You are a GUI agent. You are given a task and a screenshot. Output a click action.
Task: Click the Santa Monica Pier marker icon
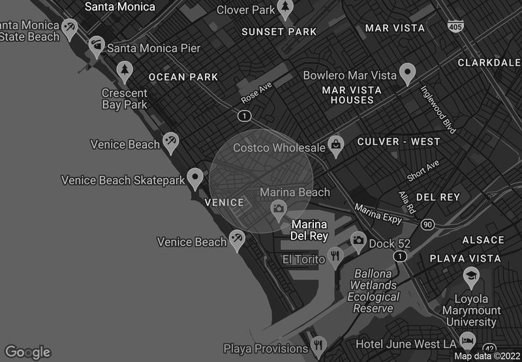pyautogui.click(x=97, y=47)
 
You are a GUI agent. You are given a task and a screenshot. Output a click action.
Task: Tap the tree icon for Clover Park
pyautogui.click(x=285, y=8)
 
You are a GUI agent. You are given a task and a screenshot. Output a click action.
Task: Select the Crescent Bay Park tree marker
pyautogui.click(x=124, y=70)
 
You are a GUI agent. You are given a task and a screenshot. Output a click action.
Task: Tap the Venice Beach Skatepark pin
pyautogui.click(x=195, y=177)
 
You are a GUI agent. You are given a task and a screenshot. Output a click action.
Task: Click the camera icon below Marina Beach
pyautogui.click(x=279, y=209)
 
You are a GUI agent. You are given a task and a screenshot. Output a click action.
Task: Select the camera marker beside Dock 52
pyautogui.click(x=358, y=241)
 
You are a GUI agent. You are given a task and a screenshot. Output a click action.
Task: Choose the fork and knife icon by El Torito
pyautogui.click(x=335, y=256)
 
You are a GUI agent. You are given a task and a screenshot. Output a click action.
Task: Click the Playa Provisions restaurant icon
pyautogui.click(x=318, y=344)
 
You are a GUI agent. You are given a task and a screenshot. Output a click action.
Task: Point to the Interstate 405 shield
pyautogui.click(x=455, y=25)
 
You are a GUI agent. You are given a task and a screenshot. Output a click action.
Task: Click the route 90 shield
pyautogui.click(x=427, y=224)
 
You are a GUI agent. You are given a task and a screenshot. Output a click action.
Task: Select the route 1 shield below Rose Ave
pyautogui.click(x=244, y=115)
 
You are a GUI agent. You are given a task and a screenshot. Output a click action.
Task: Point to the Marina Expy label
pyautogui.click(x=378, y=213)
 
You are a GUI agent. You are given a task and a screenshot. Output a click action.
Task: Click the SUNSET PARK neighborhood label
pyautogui.click(x=279, y=31)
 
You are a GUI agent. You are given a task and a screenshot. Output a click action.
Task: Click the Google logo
pyautogui.click(x=27, y=352)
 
